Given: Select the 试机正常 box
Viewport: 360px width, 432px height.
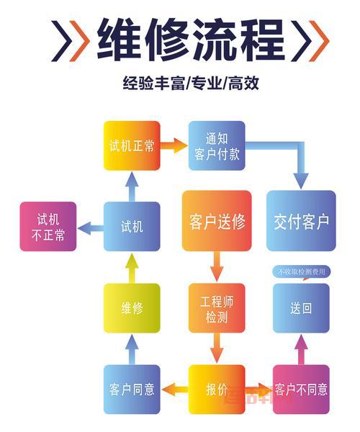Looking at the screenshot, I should [x=131, y=145].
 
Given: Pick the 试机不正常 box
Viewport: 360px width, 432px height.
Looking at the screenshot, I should [x=48, y=226].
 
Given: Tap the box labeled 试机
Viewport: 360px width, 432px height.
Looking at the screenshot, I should [x=131, y=226].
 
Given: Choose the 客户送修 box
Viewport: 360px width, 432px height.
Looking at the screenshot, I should [x=217, y=221].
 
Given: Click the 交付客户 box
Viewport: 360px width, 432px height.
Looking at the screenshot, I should [x=301, y=221].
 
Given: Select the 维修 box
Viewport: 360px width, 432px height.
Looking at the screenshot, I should [x=131, y=308].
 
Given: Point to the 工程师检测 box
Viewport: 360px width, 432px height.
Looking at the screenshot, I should [x=217, y=308].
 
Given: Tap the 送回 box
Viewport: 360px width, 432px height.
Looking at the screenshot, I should [x=301, y=308].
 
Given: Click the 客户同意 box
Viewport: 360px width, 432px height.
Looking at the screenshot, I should [x=131, y=390].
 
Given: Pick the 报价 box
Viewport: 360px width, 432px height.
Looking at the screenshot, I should [x=217, y=390].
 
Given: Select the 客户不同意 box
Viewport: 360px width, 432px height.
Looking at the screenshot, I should [x=301, y=390].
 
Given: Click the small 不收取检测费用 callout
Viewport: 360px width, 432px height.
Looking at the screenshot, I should [x=302, y=272].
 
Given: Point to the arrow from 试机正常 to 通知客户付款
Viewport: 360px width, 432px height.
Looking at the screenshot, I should [x=174, y=145].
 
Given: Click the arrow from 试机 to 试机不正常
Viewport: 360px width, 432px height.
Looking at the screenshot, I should [x=90, y=228].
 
